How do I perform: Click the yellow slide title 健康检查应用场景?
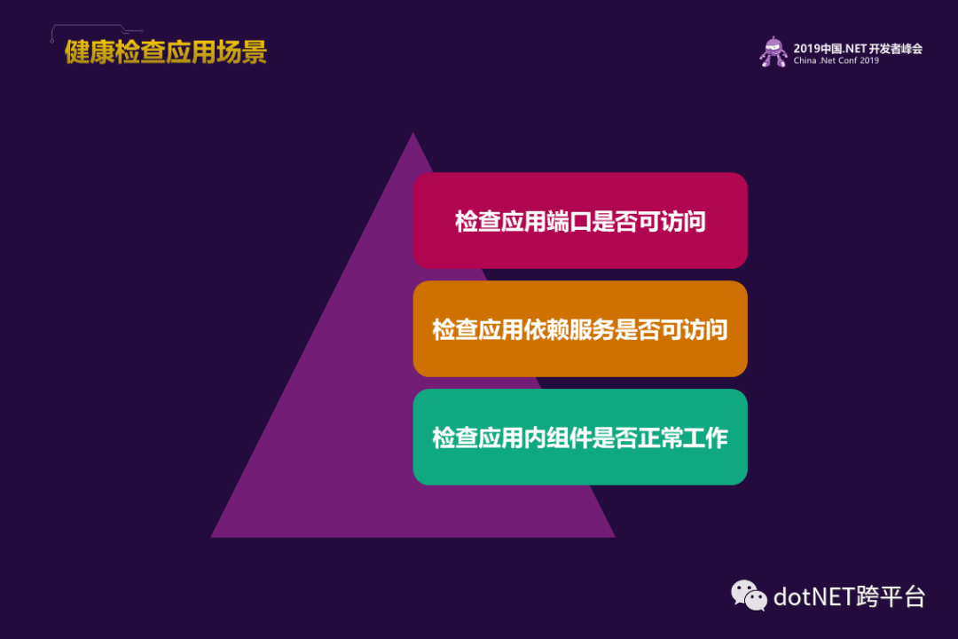[x=166, y=52]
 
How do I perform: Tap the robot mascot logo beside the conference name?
[x=773, y=52]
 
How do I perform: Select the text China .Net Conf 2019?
[x=836, y=60]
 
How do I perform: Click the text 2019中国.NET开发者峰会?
[x=858, y=48]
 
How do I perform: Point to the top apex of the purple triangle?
[x=413, y=133]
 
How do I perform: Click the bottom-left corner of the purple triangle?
[x=211, y=538]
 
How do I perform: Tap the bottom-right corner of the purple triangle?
[x=616, y=538]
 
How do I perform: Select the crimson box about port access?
[x=580, y=221]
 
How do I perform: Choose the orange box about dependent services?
[x=580, y=329]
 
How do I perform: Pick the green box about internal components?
[x=580, y=438]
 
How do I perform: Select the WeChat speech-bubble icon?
[x=749, y=596]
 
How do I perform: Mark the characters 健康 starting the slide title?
[x=90, y=52]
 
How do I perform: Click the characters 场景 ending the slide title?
[x=242, y=52]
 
